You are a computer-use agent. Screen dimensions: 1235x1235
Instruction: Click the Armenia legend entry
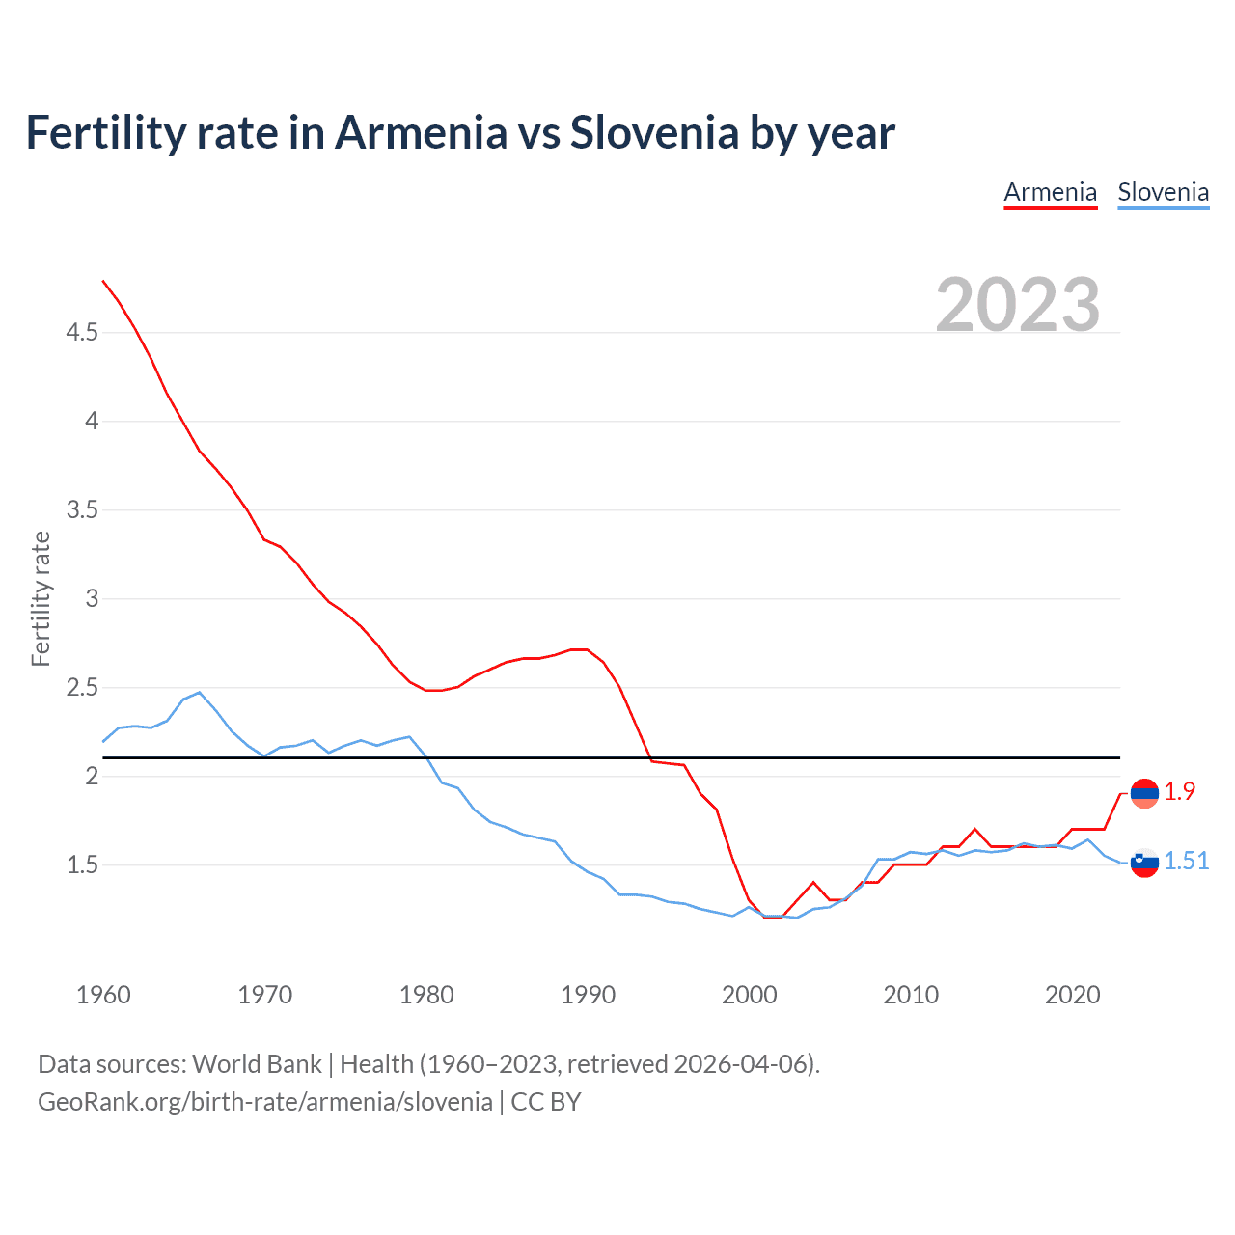pos(1050,193)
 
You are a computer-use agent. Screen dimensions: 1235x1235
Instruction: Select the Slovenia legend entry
pos(1163,193)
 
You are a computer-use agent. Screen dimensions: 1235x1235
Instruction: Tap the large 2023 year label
pos(1018,305)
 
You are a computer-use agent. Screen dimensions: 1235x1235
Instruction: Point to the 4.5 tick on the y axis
pos(82,333)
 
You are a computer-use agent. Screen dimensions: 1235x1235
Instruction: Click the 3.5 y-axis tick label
pos(82,510)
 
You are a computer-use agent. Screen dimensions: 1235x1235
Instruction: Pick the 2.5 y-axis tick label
pos(82,688)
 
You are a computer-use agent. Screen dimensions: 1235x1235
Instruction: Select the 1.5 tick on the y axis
pos(82,865)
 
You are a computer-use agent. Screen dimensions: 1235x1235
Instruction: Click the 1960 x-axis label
pos(103,995)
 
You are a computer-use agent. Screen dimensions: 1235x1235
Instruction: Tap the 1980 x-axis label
pos(426,995)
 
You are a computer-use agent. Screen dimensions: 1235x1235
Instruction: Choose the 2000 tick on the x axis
pos(750,995)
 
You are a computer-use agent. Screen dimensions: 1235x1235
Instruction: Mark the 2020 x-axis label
pos(1072,995)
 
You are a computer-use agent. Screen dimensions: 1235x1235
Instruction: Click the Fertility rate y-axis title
pos(41,598)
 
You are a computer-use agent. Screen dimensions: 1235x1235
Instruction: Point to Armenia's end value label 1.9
pos(1179,792)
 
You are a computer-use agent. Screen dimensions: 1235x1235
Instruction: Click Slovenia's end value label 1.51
pos(1186,862)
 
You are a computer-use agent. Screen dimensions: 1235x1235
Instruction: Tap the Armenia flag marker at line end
pos(1144,793)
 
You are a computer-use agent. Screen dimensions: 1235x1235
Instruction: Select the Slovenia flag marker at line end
pos(1144,863)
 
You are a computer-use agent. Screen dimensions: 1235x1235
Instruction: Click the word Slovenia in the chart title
pos(654,133)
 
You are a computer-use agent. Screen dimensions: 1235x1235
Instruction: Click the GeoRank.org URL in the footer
pos(265,1102)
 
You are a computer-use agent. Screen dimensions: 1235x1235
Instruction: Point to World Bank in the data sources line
pos(257,1064)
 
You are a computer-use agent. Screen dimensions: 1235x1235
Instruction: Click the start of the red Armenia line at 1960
pos(103,281)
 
